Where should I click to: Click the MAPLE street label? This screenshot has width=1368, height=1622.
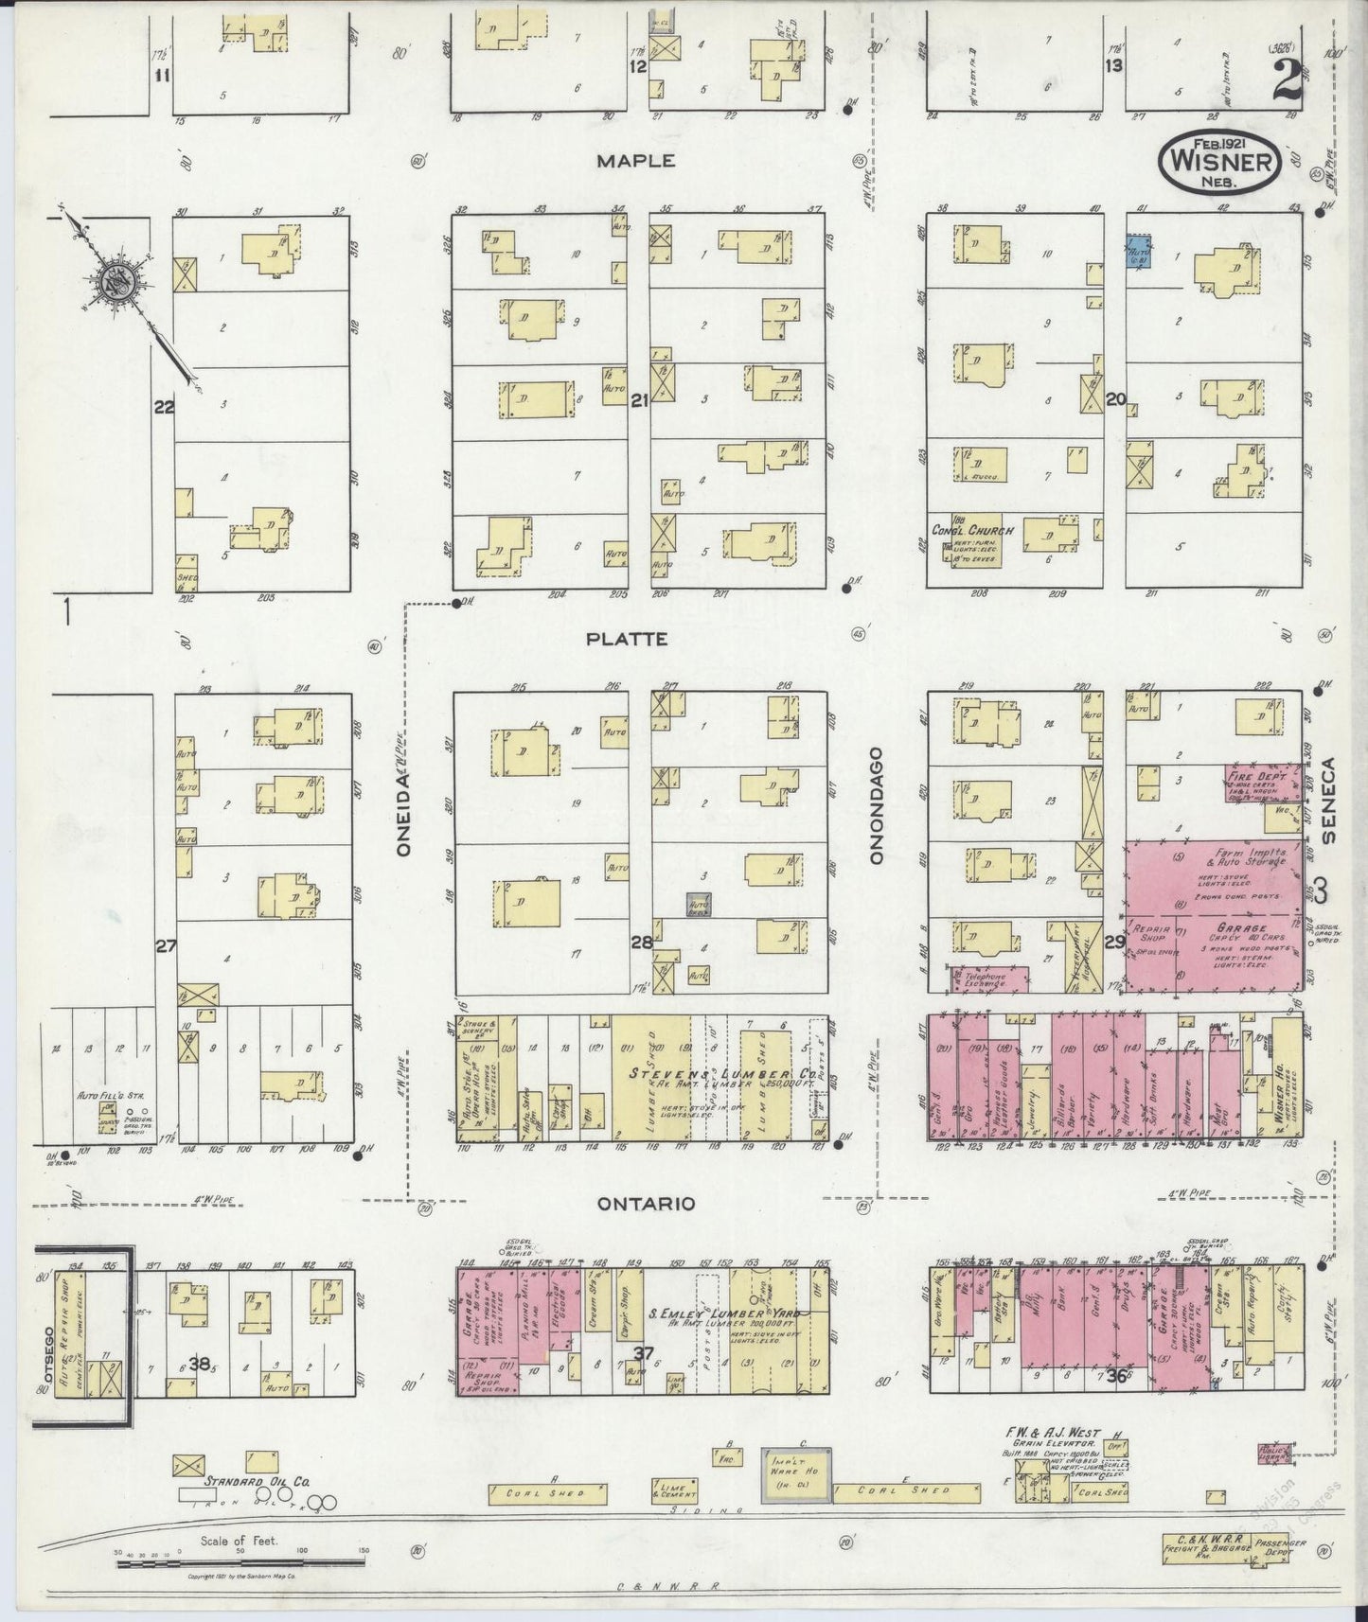pos(635,161)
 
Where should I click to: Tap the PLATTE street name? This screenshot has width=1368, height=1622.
pos(626,639)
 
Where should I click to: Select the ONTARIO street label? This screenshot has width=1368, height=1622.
pos(647,1204)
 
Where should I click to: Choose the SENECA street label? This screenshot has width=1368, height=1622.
pos(1327,800)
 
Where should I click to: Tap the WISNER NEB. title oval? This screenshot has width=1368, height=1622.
pos(1219,163)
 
